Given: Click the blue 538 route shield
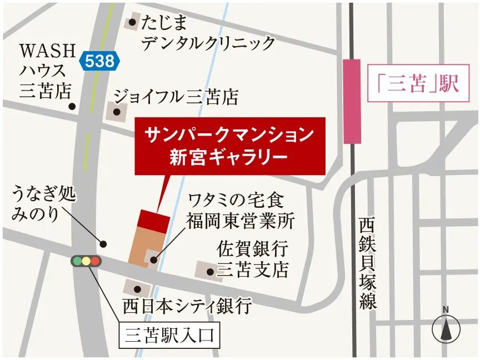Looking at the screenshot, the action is (x=99, y=61).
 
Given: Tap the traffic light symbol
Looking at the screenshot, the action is (x=86, y=261).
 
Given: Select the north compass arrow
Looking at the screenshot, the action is (x=446, y=328).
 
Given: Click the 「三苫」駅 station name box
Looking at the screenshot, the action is (x=416, y=84).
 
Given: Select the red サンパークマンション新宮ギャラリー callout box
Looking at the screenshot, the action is (x=230, y=146).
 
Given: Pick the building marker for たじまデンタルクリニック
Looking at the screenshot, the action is (x=132, y=23).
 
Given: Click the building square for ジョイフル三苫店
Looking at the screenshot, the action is (x=116, y=112).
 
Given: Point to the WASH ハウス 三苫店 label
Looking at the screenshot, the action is (x=47, y=71).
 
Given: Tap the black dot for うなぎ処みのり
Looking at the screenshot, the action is (x=103, y=243).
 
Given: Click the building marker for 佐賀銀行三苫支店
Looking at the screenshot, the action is (x=209, y=271).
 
